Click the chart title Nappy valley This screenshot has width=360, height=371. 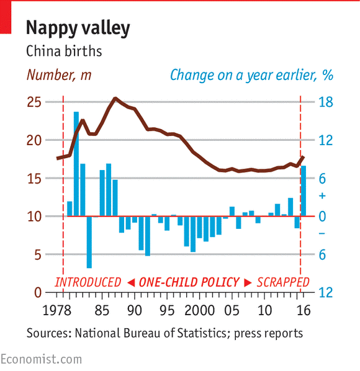tap(78, 28)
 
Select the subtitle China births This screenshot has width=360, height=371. tap(64, 51)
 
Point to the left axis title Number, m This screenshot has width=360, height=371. tap(59, 76)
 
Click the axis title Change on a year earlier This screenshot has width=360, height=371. tap(251, 76)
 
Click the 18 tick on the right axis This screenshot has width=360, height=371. tap(326, 102)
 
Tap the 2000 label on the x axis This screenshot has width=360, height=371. tap(200, 310)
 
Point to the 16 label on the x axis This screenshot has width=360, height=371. tap(302, 310)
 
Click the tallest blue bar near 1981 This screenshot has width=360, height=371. tap(76, 164)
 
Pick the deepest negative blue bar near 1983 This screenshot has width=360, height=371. tap(89, 242)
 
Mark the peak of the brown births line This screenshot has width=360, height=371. tap(115, 98)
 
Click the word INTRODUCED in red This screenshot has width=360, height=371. tap(88, 282)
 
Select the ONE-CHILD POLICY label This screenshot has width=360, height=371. tap(189, 282)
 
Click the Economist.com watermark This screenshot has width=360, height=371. tap(40, 359)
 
